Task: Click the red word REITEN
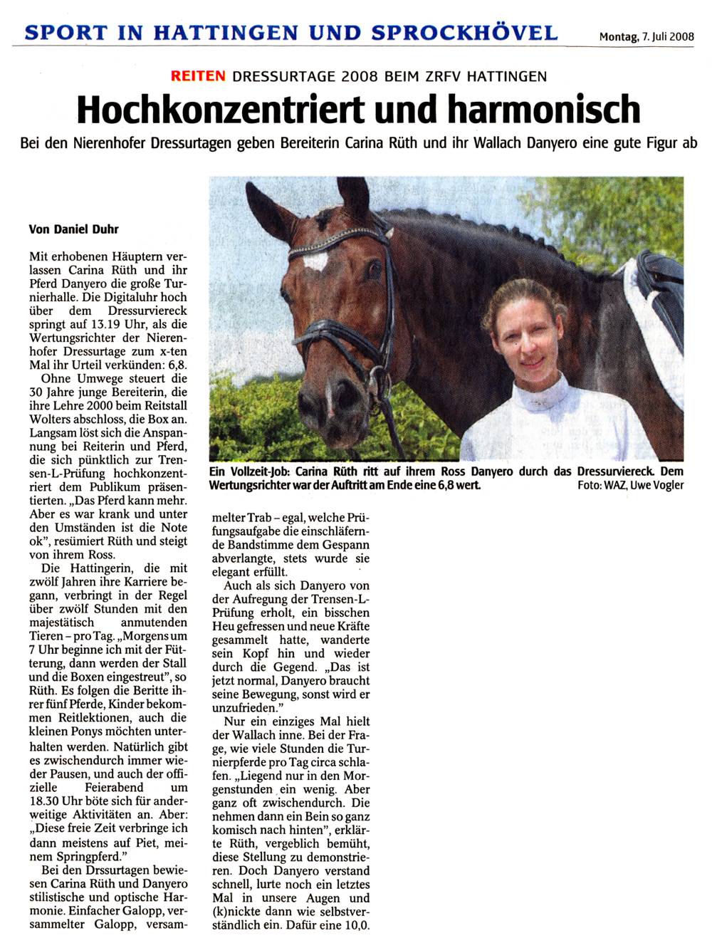[x=198, y=75]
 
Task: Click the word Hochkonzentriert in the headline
[x=220, y=109]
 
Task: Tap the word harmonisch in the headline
[x=544, y=109]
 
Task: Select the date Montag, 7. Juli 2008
[x=646, y=37]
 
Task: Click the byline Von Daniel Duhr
[x=73, y=229]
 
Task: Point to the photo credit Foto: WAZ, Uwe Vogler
[x=631, y=485]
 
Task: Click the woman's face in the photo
[x=528, y=338]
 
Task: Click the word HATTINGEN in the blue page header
[x=226, y=33]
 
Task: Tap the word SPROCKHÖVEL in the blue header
[x=464, y=33]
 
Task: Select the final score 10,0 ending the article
[x=355, y=925]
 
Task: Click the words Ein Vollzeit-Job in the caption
[x=249, y=471]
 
